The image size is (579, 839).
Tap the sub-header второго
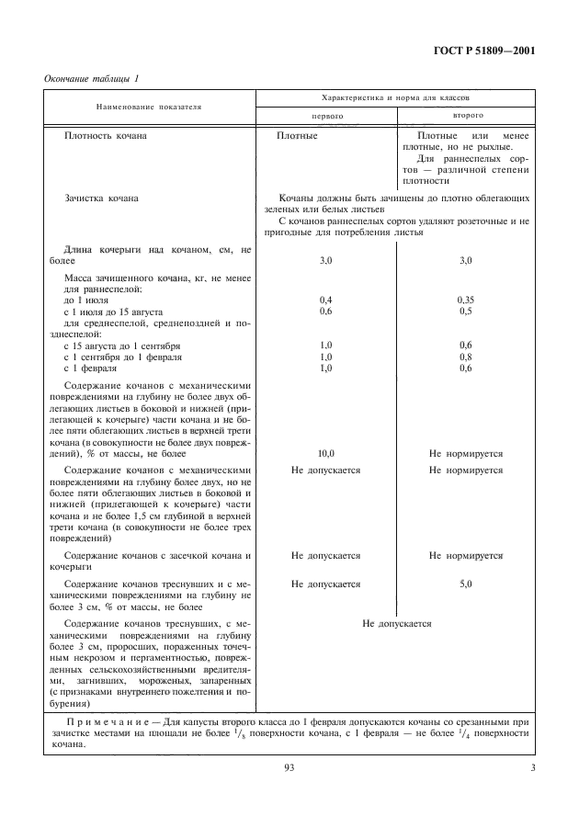(x=468, y=117)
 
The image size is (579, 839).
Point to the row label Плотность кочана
(x=106, y=135)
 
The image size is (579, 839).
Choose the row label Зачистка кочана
(x=102, y=198)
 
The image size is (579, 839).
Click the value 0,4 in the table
(x=325, y=300)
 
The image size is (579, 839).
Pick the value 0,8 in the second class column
(x=466, y=357)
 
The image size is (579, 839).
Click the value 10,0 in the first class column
(x=325, y=454)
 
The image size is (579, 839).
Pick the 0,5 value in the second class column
(x=466, y=311)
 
